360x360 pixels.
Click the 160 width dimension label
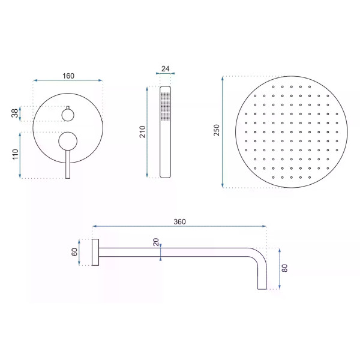coord(68,76)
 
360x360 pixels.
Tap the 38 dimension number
coord(14,113)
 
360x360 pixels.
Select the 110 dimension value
coord(15,154)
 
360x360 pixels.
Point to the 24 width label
coord(166,68)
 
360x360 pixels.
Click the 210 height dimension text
coord(143,132)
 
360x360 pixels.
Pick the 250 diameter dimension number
coord(217,130)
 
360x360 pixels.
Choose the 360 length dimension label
coord(179,221)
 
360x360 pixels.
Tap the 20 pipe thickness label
coord(156,242)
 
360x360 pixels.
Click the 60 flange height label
coord(74,252)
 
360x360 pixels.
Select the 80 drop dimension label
coord(284,268)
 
